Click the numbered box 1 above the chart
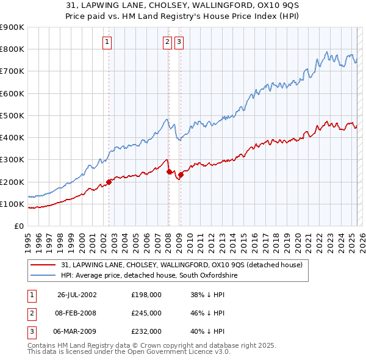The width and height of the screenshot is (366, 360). (107, 42)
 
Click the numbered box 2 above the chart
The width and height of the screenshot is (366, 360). (167, 42)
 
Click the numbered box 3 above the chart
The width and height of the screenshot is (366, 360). (179, 42)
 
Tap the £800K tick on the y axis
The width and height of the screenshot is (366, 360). (12, 49)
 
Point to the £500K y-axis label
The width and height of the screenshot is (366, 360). (12, 115)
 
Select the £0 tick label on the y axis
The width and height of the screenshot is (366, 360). (18, 226)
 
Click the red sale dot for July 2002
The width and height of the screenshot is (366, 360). (109, 182)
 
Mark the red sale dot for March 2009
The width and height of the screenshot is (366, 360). (181, 175)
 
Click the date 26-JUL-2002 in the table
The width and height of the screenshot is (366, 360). (77, 295)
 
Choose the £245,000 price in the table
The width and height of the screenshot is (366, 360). (146, 313)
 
